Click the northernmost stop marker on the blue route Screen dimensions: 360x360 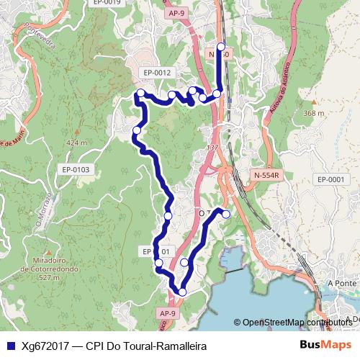coord(220,47)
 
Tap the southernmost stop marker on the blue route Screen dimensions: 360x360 coord(182,292)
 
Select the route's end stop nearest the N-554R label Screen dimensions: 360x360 coord(225,214)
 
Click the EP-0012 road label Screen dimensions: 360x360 coord(157,73)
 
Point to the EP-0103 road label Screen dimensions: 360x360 coord(75,169)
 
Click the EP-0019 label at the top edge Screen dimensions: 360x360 coord(107,3)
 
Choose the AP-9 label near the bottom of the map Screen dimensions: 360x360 coord(167,313)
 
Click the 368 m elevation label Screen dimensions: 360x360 coord(314,113)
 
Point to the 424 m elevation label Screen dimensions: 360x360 coord(76,143)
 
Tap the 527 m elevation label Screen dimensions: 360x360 coord(50,277)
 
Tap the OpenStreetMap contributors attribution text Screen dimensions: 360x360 coord(297,323)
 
